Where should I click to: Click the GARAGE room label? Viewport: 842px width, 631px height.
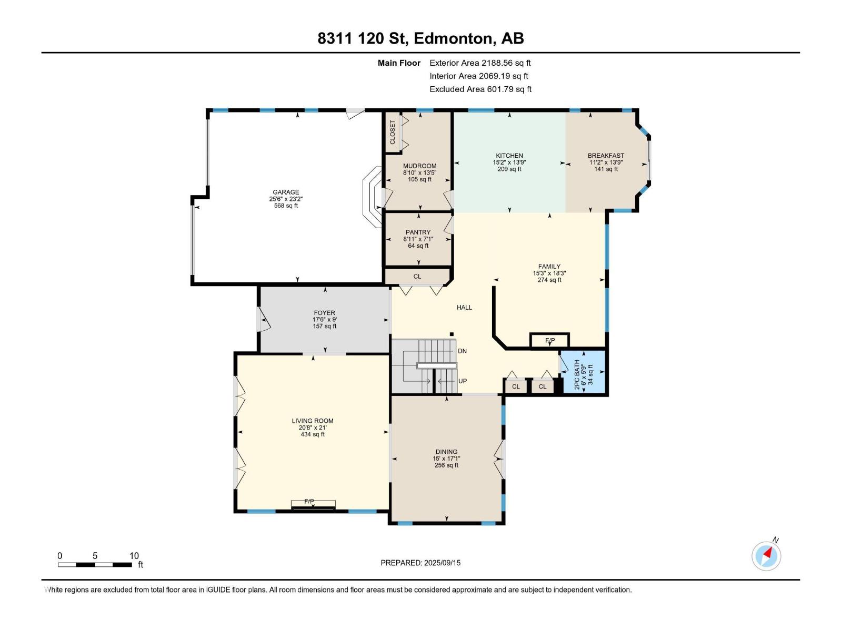pyautogui.click(x=286, y=192)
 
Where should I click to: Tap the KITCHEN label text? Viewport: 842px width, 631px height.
pyautogui.click(x=509, y=156)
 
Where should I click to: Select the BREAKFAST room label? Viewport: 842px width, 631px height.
pyautogui.click(x=606, y=156)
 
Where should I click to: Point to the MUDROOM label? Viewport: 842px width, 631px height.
pyautogui.click(x=419, y=166)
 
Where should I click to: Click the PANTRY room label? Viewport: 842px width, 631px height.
pyautogui.click(x=418, y=232)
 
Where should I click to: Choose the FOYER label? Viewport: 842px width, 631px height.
pyautogui.click(x=325, y=313)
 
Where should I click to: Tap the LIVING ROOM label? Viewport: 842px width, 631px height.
pyautogui.click(x=313, y=421)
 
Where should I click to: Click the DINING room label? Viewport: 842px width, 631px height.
pyautogui.click(x=446, y=452)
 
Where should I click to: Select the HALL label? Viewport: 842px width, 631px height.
pyautogui.click(x=464, y=307)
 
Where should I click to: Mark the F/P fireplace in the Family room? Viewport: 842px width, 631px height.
pyautogui.click(x=550, y=340)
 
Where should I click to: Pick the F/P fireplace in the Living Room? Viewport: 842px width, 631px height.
pyautogui.click(x=314, y=504)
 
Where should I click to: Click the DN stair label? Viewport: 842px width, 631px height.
pyautogui.click(x=462, y=351)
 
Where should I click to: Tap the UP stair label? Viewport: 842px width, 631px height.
pyautogui.click(x=463, y=381)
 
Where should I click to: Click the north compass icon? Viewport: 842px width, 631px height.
pyautogui.click(x=766, y=555)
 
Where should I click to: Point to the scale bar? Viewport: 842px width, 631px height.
pyautogui.click(x=95, y=565)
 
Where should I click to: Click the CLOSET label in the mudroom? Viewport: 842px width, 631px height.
pyautogui.click(x=393, y=133)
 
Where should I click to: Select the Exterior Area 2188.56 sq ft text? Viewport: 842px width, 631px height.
pyautogui.click(x=480, y=63)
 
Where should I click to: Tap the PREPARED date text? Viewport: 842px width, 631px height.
pyautogui.click(x=420, y=563)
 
